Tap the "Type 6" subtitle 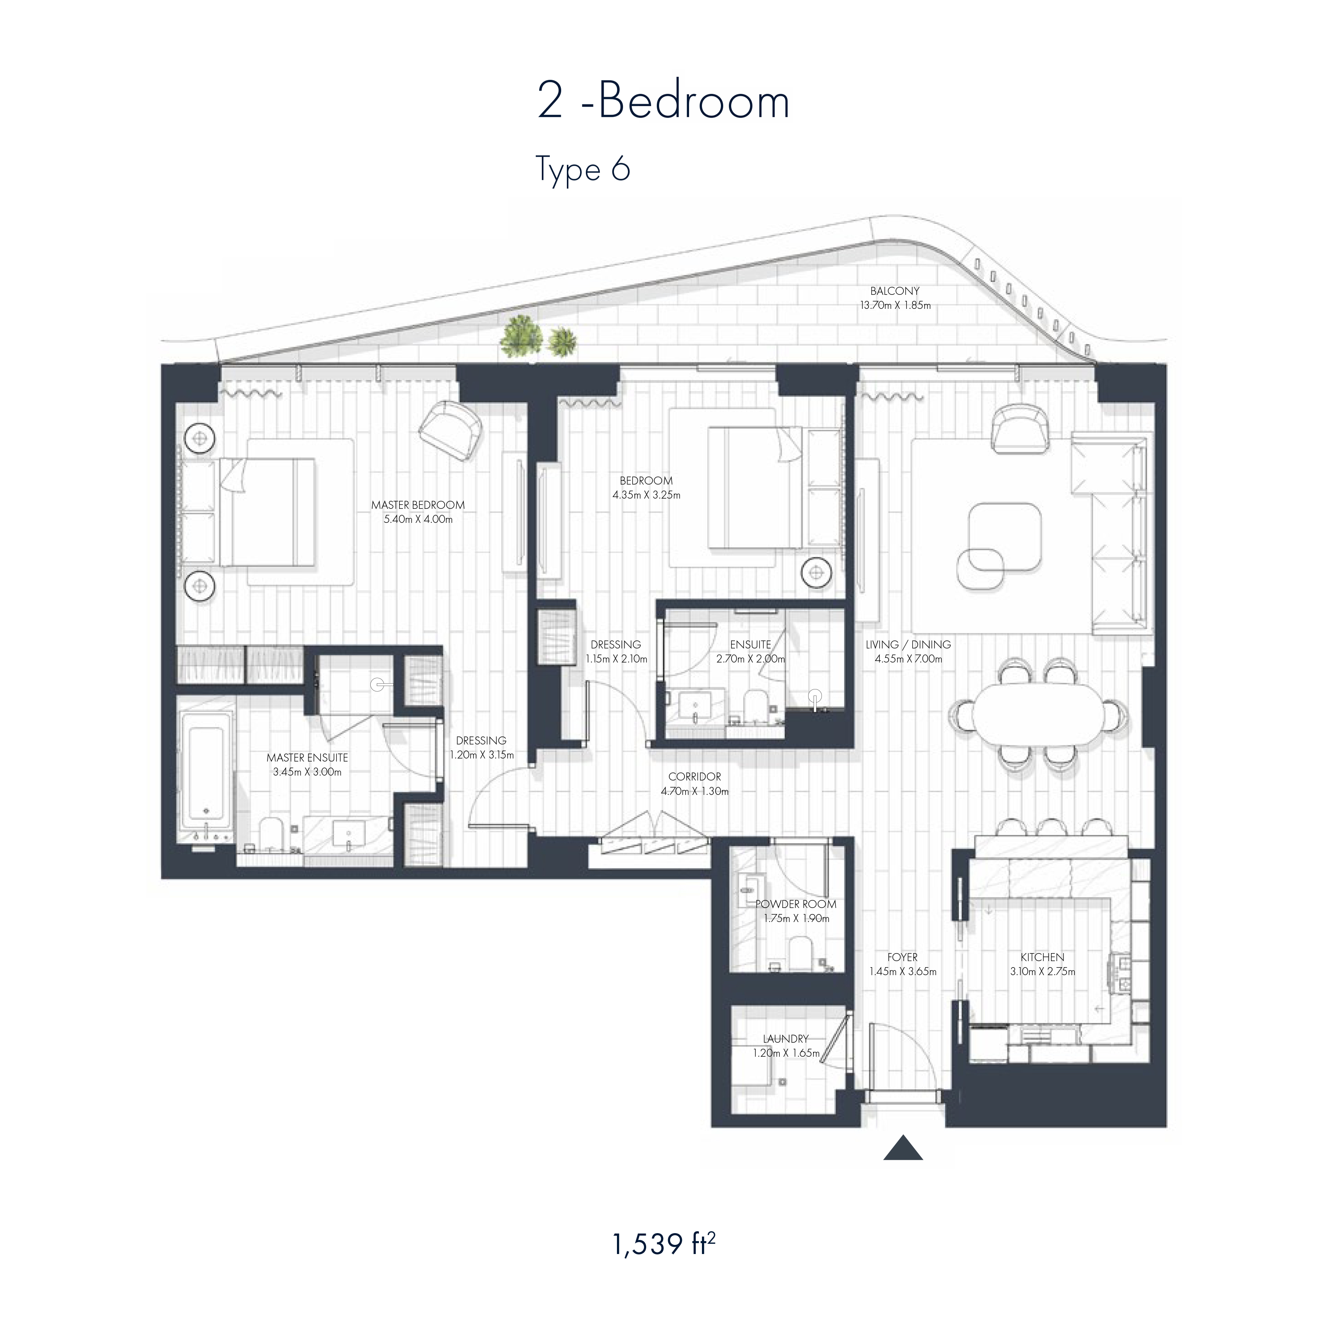click(x=582, y=169)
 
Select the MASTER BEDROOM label click(x=418, y=505)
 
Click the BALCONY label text click(x=894, y=291)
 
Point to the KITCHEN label click(x=1042, y=957)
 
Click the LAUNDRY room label click(x=786, y=1038)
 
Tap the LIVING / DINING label click(x=908, y=644)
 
